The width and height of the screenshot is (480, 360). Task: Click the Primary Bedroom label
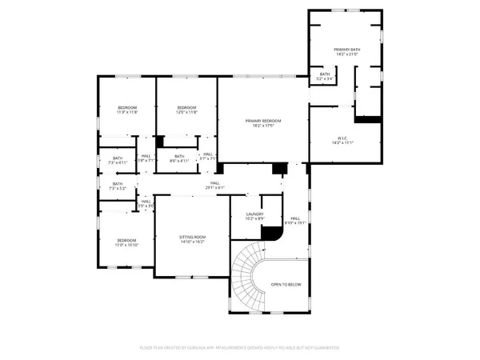tap(264, 122)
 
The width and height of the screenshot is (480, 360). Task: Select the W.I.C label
tap(348, 139)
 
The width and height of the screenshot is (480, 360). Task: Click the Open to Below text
tap(286, 284)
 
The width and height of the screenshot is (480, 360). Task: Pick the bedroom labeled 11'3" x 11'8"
tap(127, 110)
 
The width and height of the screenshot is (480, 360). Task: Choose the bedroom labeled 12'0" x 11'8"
tap(186, 110)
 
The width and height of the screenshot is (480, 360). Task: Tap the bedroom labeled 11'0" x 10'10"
tap(127, 242)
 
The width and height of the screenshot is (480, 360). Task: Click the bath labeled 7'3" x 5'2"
tap(118, 186)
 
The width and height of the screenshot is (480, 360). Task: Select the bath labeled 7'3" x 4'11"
tap(118, 160)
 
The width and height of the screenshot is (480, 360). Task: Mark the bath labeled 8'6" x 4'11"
tap(179, 158)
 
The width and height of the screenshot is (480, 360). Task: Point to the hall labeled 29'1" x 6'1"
tap(215, 185)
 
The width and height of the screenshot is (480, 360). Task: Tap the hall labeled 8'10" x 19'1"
tap(295, 220)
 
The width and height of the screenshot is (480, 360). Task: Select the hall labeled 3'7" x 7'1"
tap(207, 157)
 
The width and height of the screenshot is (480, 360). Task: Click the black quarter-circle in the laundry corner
tap(274, 234)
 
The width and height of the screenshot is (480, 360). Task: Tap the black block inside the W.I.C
tap(368, 120)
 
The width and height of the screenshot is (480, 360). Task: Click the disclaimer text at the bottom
tap(240, 347)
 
